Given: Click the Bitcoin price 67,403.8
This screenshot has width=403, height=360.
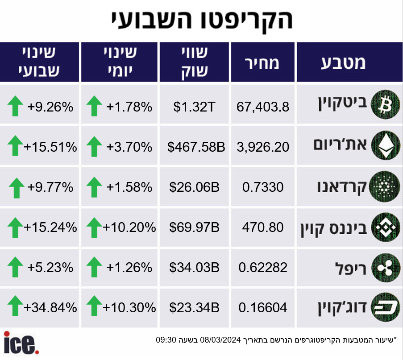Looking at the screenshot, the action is (263, 107).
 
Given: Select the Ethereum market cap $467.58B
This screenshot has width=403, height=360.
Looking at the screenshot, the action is (196, 147).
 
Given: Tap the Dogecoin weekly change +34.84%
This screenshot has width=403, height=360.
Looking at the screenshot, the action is (50, 307).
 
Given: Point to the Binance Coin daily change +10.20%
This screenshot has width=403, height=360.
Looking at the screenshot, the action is (129, 228).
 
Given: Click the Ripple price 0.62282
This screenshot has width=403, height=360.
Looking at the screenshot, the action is (263, 268).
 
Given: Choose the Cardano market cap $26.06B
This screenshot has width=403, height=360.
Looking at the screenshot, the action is (194, 187).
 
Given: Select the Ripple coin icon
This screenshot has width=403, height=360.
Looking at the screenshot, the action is (386, 268).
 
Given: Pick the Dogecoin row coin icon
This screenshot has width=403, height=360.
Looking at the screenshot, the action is (386, 307).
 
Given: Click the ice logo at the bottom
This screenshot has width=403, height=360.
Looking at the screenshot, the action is (21, 343).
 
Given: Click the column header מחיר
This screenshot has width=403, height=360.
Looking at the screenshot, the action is (262, 63).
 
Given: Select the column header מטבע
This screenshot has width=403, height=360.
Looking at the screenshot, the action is (343, 62).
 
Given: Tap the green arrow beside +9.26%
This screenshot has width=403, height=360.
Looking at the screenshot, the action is (15, 106).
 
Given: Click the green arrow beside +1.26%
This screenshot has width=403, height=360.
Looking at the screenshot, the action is (94, 267).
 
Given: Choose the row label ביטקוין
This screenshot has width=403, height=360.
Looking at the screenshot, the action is (342, 104).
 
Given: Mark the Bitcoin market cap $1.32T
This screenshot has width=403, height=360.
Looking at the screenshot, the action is (194, 107).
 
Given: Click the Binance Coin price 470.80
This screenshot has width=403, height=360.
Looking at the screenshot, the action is (263, 228).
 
